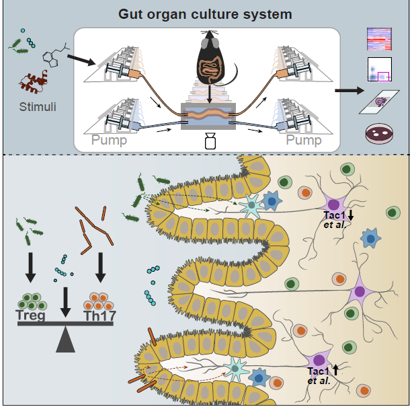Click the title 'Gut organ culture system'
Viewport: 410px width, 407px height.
point(206,14)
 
